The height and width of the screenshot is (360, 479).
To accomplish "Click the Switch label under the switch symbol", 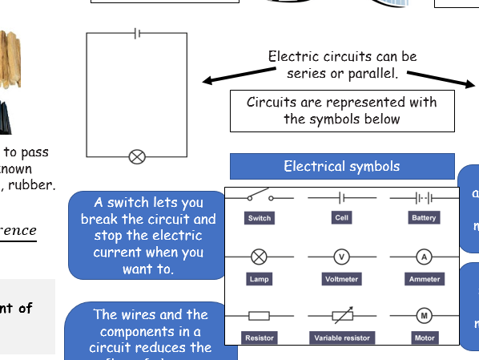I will [x=260, y=218].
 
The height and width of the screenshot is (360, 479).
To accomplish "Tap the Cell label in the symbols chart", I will [x=342, y=218].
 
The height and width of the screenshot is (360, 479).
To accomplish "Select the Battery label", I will [x=424, y=218].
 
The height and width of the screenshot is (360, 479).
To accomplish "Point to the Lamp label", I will [x=260, y=279].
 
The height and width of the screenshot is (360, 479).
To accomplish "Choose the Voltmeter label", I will [x=342, y=279].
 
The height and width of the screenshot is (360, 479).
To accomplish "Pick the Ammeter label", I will [x=424, y=279].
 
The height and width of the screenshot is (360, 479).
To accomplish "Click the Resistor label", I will [x=260, y=338].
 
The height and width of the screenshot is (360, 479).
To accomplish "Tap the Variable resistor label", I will [x=342, y=338].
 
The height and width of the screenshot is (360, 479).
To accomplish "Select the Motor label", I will [x=424, y=338].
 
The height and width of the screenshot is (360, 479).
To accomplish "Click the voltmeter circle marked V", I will [x=342, y=257].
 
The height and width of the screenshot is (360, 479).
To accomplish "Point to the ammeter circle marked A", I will [x=424, y=257].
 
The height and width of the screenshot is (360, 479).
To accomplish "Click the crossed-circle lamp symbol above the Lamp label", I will [x=260, y=257].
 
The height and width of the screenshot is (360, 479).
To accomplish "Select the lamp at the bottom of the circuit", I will [x=137, y=157].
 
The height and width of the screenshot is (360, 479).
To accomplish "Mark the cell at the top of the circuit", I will [x=138, y=33].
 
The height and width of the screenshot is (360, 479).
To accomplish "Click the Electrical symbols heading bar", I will [x=342, y=167].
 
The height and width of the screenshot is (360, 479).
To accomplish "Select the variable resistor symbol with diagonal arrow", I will [x=342, y=316].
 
